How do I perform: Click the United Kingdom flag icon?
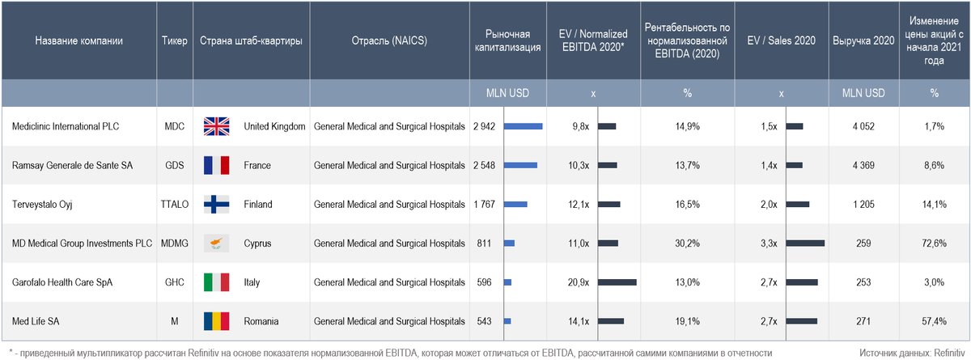tap(216, 126)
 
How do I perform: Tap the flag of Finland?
tap(216, 205)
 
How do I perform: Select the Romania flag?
tap(216, 322)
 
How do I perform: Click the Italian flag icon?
tap(216, 282)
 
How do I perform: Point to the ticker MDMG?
tap(175, 244)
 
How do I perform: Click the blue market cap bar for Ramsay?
tap(520, 166)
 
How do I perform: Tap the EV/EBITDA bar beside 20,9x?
tap(617, 282)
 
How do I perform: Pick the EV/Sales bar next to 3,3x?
tap(805, 244)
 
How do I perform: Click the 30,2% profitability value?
tap(687, 244)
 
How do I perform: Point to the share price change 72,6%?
tap(935, 244)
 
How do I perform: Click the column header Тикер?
tap(175, 40)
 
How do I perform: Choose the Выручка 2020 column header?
tap(863, 40)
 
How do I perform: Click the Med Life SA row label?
tap(36, 322)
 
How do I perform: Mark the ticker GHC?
tap(175, 282)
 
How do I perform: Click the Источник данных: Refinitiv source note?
tap(911, 353)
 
